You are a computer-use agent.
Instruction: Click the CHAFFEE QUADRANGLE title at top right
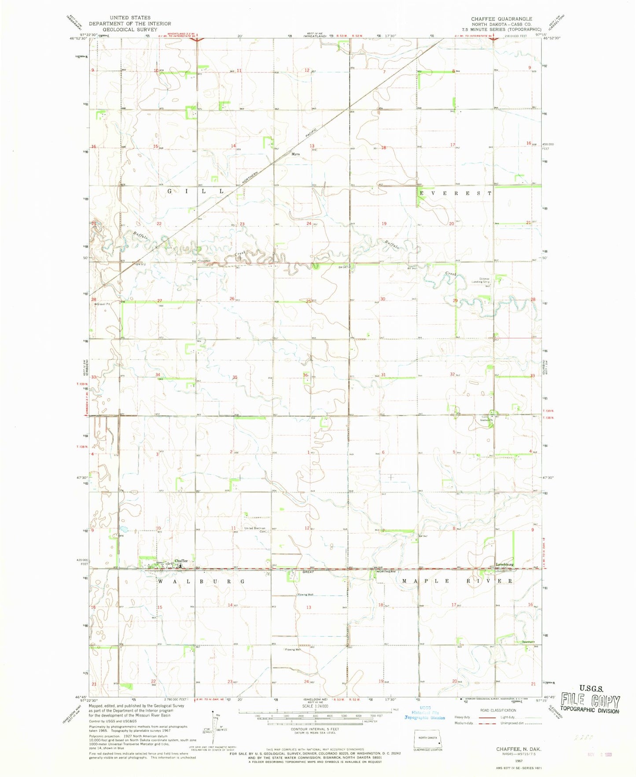[501, 19]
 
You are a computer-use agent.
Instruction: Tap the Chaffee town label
[181, 561]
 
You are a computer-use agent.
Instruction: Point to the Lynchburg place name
[504, 564]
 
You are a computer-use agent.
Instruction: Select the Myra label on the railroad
[295, 154]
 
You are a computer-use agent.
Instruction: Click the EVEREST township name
[455, 193]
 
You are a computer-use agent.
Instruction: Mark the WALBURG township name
[201, 581]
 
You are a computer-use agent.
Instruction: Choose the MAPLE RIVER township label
[457, 581]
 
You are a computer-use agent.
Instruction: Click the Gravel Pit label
[103, 304]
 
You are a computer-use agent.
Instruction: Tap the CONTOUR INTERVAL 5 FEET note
[315, 729]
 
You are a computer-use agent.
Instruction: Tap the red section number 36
[305, 375]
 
